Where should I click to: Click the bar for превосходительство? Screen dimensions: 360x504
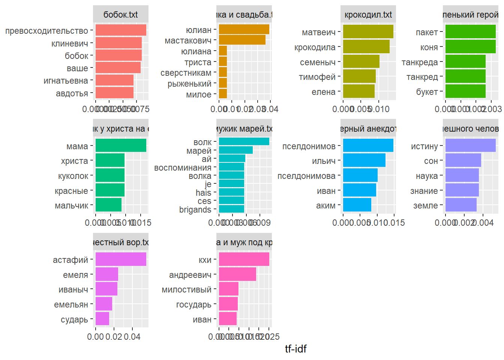pos(121,30)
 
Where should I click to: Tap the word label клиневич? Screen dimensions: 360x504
pos(70,43)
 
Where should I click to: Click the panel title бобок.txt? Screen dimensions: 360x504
pos(120,15)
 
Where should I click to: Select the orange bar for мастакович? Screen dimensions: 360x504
pos(242,40)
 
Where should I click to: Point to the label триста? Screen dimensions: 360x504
pos(198,62)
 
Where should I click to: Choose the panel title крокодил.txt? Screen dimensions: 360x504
pos(368,15)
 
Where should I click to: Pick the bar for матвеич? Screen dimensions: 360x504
pos(368,32)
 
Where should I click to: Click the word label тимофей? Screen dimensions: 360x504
pos(317,77)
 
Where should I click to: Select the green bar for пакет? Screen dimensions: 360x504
pos(470,32)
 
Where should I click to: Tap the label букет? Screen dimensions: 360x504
pos(427,92)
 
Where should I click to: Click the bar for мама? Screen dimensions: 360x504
pos(121,145)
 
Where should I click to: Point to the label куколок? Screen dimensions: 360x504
pos(73,176)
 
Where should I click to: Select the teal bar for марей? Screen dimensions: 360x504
pos(235,150)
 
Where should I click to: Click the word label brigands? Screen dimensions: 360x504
pos(195,210)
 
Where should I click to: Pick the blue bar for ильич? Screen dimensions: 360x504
pos(364,160)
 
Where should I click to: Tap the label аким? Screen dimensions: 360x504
pos(325,205)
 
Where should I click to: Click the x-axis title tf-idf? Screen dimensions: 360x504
pos(295,349)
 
